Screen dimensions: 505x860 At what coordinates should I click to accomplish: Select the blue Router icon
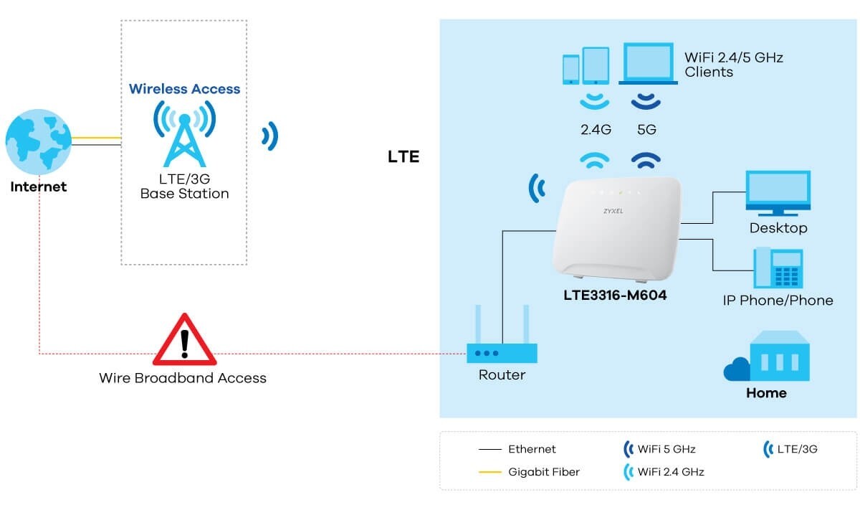[x=502, y=352]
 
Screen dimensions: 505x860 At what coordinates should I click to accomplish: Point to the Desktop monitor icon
[x=778, y=192]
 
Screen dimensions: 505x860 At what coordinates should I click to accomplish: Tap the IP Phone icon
[x=778, y=268]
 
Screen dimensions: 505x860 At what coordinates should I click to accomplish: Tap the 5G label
[x=646, y=131]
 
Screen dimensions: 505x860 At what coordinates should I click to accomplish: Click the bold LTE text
[x=403, y=156]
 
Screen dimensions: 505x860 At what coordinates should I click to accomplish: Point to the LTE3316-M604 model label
[x=616, y=295]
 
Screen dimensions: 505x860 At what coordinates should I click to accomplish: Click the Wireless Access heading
[x=184, y=89]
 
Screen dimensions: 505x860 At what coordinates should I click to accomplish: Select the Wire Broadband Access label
[x=183, y=377]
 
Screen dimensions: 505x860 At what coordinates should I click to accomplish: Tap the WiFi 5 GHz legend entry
[x=666, y=449]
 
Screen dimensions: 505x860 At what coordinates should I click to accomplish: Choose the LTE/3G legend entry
[x=796, y=449]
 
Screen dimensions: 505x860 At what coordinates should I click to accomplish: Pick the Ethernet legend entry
[x=531, y=449]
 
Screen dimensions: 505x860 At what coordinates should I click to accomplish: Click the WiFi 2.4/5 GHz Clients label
[x=733, y=65]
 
